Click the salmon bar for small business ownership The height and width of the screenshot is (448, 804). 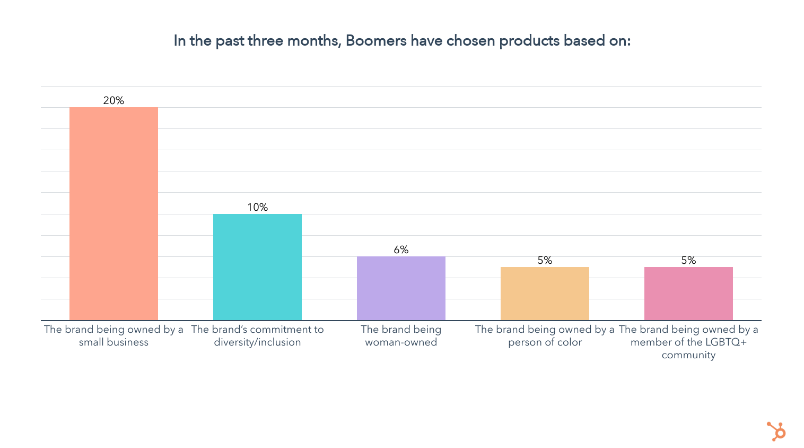[x=113, y=214]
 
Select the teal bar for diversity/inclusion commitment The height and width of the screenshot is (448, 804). [x=257, y=267]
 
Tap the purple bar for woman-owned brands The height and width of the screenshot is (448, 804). [x=401, y=288]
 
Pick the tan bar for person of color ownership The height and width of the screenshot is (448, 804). [x=545, y=294]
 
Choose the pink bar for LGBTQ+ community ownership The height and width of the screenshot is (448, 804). [x=688, y=294]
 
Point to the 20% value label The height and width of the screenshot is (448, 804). [x=113, y=100]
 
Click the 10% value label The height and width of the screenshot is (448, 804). [x=257, y=207]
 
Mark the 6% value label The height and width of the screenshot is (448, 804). [x=401, y=249]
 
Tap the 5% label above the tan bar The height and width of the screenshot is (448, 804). [x=545, y=260]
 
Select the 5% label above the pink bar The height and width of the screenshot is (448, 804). [x=688, y=260]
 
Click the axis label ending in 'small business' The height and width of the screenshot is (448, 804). [x=113, y=335]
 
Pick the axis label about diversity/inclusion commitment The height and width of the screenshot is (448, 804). [x=257, y=335]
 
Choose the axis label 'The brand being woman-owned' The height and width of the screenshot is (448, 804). [x=401, y=335]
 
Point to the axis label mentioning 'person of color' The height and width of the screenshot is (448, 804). [x=545, y=335]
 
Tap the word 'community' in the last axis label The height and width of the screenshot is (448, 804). [x=688, y=355]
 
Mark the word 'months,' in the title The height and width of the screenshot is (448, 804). [x=313, y=41]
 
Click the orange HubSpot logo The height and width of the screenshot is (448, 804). [x=776, y=431]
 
